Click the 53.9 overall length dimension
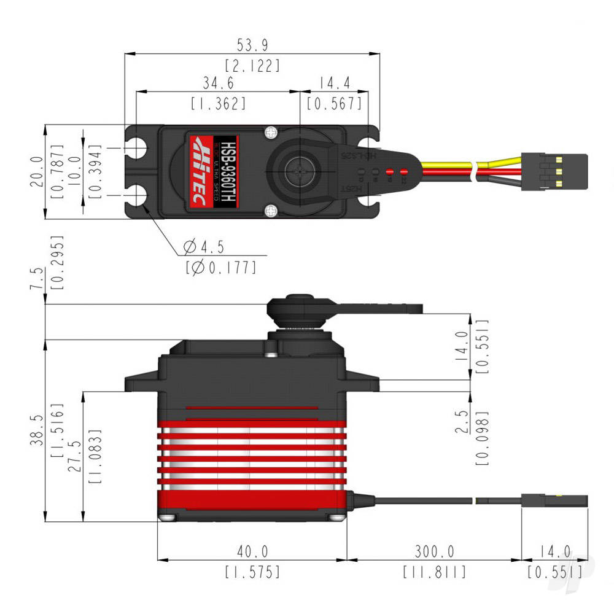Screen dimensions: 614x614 [x=252, y=46]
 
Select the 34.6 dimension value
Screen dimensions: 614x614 [x=218, y=83]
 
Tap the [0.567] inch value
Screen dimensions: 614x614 [x=335, y=104]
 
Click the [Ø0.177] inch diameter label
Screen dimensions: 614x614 [x=220, y=268]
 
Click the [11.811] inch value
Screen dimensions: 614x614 [x=433, y=572]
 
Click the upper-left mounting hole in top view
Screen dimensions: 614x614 [x=139, y=148]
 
